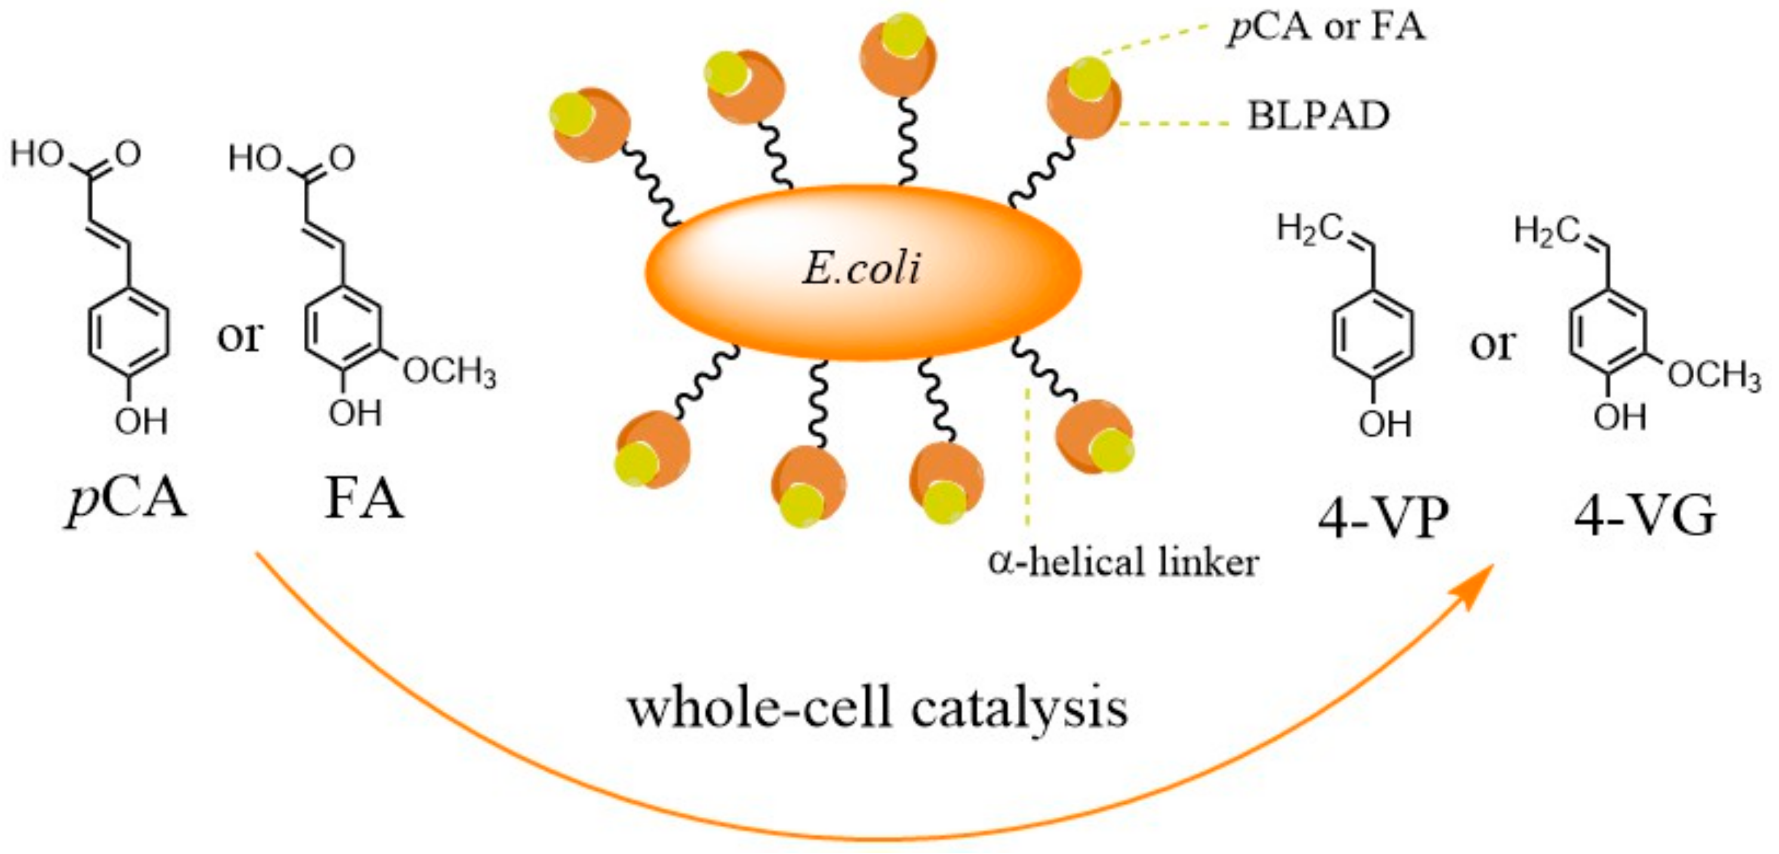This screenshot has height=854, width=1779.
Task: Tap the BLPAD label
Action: [1318, 116]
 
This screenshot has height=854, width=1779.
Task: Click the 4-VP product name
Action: [1383, 517]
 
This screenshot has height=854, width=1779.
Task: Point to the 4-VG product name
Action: [1644, 517]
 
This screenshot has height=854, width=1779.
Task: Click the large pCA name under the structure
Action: [127, 499]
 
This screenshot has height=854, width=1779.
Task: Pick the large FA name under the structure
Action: [364, 499]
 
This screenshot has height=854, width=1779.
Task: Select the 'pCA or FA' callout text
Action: [1326, 29]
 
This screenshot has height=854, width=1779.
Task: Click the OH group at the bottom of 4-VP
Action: [1384, 423]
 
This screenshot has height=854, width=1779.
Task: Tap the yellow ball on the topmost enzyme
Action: [903, 35]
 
